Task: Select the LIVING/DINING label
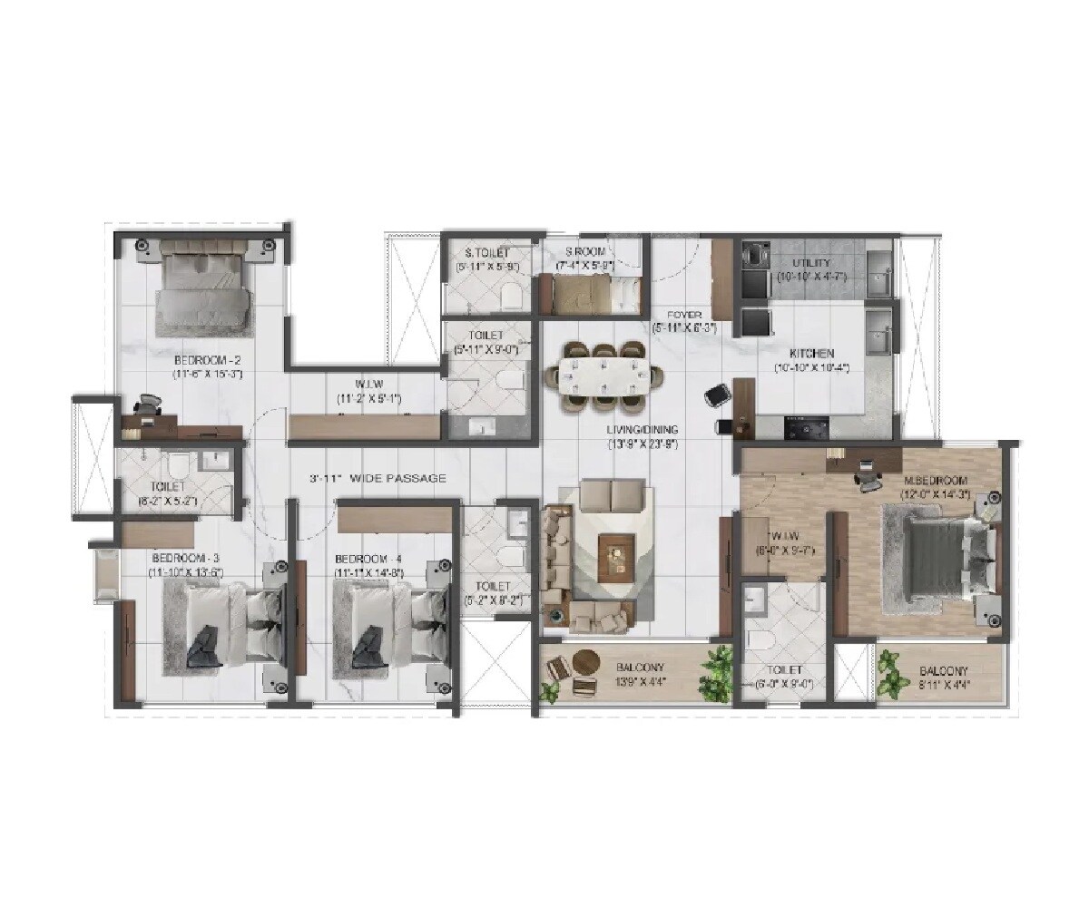(x=643, y=430)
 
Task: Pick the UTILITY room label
(x=810, y=262)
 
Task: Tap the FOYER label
(x=683, y=315)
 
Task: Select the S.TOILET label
(x=486, y=252)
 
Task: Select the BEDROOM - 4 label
(x=368, y=559)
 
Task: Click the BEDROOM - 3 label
(x=186, y=559)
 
